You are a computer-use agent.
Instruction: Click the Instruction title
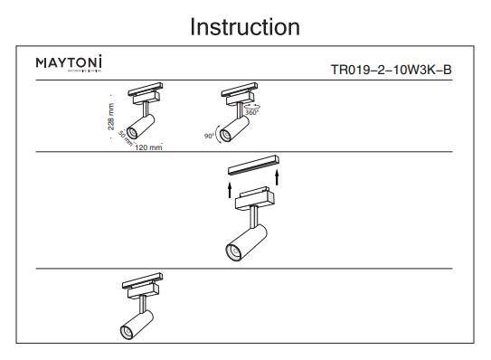245,27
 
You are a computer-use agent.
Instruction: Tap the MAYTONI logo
69,64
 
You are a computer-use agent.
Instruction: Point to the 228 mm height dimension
110,116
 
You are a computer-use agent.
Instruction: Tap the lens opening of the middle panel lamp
234,251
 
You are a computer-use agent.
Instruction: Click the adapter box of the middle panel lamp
250,198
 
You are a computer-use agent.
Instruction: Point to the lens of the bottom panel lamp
127,330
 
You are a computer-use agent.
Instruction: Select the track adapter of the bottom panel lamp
141,282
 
